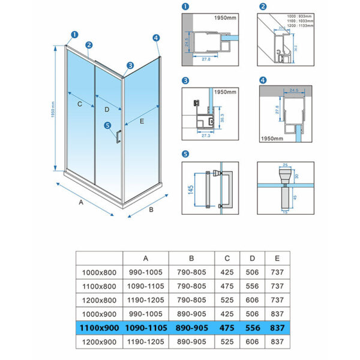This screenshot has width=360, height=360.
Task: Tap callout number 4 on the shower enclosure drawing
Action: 156,38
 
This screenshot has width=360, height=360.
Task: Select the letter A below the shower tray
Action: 80,203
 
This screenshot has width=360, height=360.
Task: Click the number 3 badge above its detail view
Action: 185,81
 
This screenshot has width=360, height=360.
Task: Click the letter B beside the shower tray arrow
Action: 151,210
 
